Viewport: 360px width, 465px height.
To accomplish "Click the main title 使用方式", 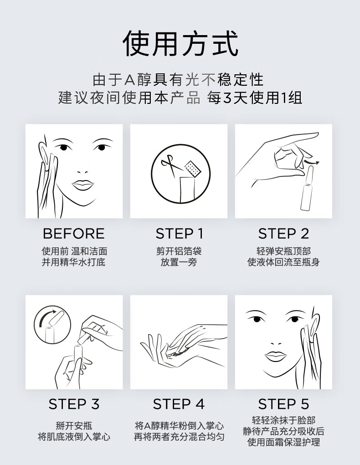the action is click(x=180, y=43).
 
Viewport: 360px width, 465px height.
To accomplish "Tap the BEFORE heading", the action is click(x=74, y=234).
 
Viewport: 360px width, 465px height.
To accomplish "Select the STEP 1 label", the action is click(x=180, y=234).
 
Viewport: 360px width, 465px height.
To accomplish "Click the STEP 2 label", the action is click(x=283, y=234).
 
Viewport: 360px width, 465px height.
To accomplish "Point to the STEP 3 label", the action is click(x=74, y=404).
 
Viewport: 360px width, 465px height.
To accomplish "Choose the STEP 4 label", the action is click(x=179, y=404).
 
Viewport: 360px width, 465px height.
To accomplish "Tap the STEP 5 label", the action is click(x=283, y=404).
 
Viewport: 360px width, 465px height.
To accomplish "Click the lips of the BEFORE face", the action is click(x=83, y=185).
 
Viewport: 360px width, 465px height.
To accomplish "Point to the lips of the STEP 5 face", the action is click(x=276, y=356).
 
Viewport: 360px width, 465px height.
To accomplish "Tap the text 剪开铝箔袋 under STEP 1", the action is click(x=179, y=251).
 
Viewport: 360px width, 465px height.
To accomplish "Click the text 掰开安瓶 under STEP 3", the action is click(x=74, y=425).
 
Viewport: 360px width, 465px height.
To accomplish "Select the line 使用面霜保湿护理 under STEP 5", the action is click(x=283, y=442).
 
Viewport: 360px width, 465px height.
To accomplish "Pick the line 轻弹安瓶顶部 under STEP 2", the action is click(x=283, y=251).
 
